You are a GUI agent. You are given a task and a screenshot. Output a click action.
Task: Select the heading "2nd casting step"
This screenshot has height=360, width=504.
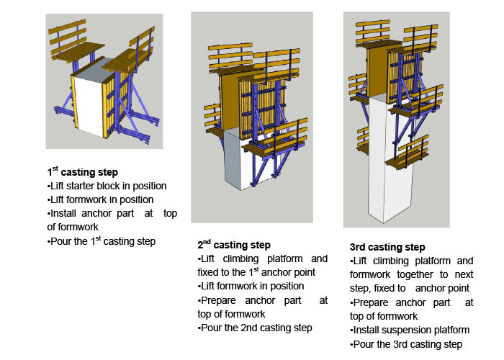coord(234,245)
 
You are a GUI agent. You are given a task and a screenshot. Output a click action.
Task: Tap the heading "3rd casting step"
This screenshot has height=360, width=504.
coord(387,247)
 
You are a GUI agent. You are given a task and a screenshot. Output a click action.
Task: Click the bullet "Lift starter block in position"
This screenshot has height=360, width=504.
coord(107,186)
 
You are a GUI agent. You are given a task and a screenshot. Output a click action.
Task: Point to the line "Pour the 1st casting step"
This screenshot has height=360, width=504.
coord(102,240)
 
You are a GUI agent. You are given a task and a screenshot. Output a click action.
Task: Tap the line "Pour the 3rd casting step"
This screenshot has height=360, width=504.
coord(406,343)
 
